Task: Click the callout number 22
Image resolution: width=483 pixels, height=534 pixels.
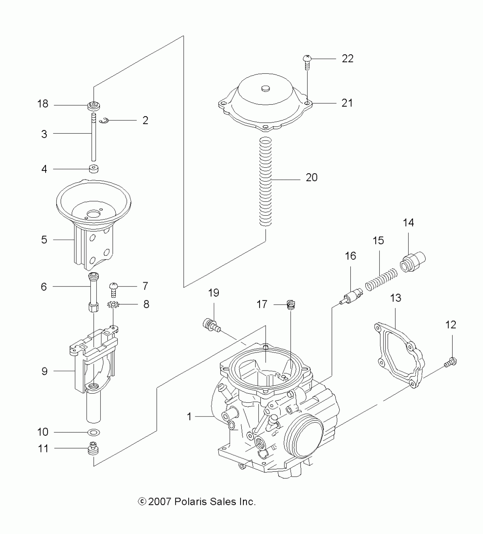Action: tap(347, 59)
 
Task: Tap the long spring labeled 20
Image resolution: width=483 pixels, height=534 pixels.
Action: tap(266, 182)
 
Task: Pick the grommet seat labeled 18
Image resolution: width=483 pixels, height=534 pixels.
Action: tap(93, 107)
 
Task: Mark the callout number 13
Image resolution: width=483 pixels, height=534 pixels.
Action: tap(395, 298)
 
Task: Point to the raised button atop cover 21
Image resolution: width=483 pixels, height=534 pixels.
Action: tap(266, 89)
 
